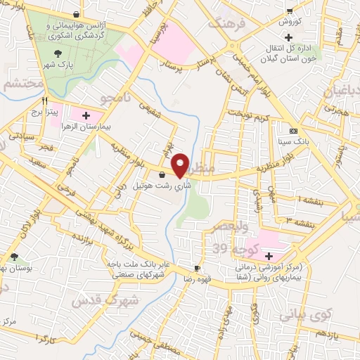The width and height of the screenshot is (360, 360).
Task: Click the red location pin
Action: pyautogui.click(x=181, y=165)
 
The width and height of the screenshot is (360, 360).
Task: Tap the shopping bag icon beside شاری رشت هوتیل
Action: pyautogui.click(x=163, y=175)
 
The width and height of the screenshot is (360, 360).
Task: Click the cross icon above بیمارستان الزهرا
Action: pyautogui.click(x=86, y=115)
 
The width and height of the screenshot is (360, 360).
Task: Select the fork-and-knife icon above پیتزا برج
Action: pyautogui.click(x=45, y=101)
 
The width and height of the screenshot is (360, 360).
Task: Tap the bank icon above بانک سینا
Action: pyautogui.click(x=293, y=131)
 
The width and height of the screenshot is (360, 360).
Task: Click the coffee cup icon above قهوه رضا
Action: pyautogui.click(x=198, y=268)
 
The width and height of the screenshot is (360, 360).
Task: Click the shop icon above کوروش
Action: pyautogui.click(x=289, y=11)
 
